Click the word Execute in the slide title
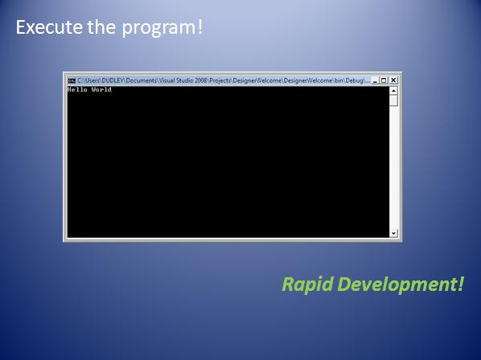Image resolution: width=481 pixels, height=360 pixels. point(49,27)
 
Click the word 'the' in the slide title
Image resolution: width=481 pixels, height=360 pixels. point(101,27)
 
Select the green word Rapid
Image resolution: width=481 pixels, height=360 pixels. point(307,284)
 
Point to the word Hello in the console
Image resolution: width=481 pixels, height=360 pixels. point(77,89)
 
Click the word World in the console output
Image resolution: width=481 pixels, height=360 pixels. point(101,89)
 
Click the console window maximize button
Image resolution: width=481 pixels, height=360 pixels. point(384,80)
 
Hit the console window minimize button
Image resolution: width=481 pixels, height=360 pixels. point(375,80)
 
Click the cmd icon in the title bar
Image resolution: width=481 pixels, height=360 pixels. point(72,80)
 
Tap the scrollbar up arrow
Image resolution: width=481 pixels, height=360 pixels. point(393,91)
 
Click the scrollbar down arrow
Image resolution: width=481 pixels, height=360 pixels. point(393,233)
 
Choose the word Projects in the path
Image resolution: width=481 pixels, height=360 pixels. point(220,80)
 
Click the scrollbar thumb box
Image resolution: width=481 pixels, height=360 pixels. point(393,100)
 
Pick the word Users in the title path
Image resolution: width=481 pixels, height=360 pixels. point(92,80)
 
